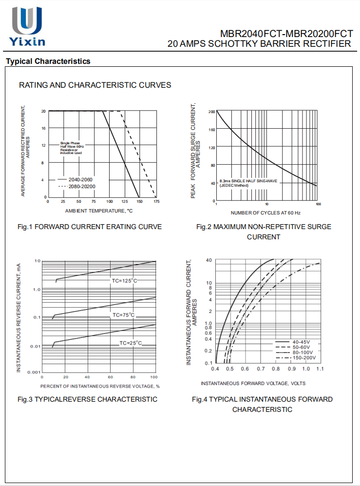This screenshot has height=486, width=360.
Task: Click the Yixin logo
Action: point(27,27)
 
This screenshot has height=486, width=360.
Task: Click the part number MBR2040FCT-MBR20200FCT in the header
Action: point(286,34)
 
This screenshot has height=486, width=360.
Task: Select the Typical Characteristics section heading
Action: point(48,61)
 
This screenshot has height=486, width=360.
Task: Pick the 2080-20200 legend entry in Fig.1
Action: point(81,187)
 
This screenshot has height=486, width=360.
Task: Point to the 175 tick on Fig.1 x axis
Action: point(156,201)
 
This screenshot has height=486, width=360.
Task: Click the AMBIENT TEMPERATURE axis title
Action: point(99,211)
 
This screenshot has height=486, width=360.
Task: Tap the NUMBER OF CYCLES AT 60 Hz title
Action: point(265,213)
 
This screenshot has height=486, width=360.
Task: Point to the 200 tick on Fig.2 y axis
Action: point(211,112)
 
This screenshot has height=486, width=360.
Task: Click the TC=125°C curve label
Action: point(125,281)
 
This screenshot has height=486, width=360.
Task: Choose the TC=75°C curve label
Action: point(123,315)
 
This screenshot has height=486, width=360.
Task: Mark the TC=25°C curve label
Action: point(131,343)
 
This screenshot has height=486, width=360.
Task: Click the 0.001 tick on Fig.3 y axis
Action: point(34,372)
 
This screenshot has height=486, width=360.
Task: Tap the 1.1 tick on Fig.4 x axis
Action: point(320,369)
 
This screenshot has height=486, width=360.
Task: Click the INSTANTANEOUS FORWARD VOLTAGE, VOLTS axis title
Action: point(253,383)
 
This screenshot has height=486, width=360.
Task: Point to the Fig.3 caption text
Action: point(88,399)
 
